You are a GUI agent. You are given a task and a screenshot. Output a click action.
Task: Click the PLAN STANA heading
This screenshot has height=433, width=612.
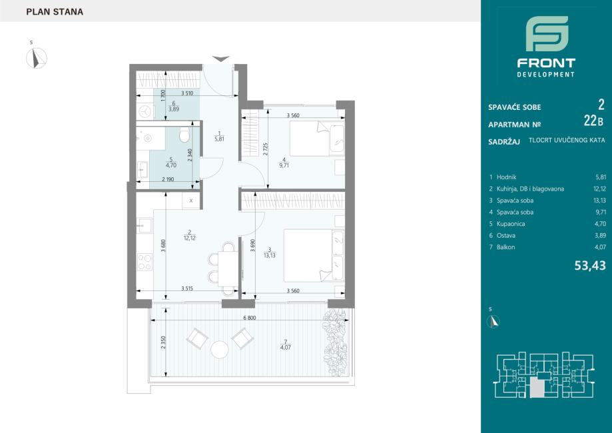(55, 12)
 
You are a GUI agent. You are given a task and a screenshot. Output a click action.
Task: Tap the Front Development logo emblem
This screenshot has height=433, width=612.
(547, 33)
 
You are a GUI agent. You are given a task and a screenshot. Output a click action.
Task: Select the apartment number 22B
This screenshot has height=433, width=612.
(593, 121)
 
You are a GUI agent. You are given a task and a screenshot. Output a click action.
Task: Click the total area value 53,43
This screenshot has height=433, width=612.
(590, 266)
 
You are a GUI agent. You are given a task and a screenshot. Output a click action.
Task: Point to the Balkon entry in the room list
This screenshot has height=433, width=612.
(505, 247)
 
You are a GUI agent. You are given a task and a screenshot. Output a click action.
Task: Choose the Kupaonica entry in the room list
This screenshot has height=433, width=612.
(511, 224)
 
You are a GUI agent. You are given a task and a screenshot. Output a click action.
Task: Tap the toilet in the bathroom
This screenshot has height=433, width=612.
(184, 135)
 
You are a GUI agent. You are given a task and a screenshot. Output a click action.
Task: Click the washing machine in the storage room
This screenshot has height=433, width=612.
(145, 112)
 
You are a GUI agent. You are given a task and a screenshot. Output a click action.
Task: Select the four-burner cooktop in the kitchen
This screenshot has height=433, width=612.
(145, 262)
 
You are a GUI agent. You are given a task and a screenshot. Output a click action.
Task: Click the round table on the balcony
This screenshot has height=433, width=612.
(219, 350)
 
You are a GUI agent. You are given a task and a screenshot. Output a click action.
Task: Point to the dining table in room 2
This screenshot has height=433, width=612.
(228, 269)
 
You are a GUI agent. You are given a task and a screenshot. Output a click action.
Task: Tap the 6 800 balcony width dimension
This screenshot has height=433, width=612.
(250, 318)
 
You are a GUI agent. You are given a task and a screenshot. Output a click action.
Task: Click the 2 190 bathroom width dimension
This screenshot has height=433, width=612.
(168, 179)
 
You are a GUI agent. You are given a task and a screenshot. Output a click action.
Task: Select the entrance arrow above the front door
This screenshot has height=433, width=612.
(220, 59)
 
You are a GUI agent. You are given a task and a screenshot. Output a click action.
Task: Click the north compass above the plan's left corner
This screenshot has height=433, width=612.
(37, 58)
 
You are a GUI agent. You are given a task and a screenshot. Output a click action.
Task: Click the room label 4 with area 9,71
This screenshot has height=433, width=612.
(284, 163)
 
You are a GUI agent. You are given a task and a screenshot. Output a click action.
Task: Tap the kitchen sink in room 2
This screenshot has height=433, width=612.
(145, 226)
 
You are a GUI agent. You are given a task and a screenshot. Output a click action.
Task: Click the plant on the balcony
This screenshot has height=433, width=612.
(335, 342)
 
